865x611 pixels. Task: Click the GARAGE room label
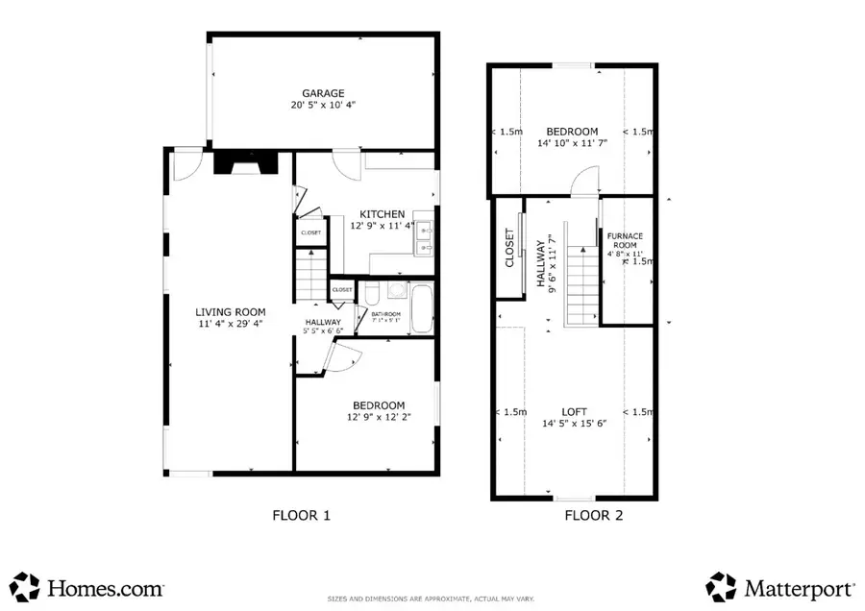pyautogui.click(x=323, y=93)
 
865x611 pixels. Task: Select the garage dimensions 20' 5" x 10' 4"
pyautogui.click(x=323, y=106)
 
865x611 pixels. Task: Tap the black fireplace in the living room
pyautogui.click(x=246, y=165)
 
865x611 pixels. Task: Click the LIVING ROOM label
pyautogui.click(x=231, y=311)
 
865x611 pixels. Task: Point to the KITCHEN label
pyautogui.click(x=383, y=213)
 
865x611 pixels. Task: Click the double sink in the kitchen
pyautogui.click(x=424, y=239)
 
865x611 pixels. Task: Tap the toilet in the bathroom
pyautogui.click(x=372, y=292)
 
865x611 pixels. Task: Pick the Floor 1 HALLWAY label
pyautogui.click(x=323, y=322)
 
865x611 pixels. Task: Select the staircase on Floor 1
pyautogui.click(x=310, y=273)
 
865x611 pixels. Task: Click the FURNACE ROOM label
pyautogui.click(x=625, y=239)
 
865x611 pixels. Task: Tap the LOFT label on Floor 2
pyautogui.click(x=574, y=411)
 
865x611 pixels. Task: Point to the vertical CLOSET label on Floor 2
pyautogui.click(x=509, y=247)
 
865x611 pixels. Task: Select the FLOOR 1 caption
pyautogui.click(x=302, y=516)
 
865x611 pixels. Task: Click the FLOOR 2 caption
pyautogui.click(x=593, y=516)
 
